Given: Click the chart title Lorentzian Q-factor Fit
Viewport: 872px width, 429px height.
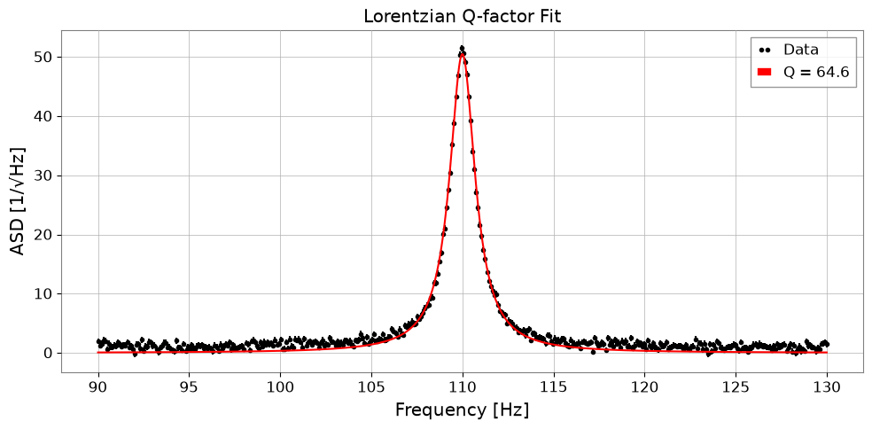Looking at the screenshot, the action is [462, 16].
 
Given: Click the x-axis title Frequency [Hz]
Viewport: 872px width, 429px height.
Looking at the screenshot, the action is [462, 410].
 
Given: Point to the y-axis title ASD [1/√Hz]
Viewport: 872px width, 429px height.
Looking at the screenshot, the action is [19, 201].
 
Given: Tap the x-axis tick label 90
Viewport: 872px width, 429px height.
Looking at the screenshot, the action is [98, 386].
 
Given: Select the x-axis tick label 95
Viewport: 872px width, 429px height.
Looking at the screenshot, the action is [189, 386].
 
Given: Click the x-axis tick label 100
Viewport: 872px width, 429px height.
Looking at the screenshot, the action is [280, 386].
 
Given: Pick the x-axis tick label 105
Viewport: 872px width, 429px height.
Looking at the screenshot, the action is [371, 386].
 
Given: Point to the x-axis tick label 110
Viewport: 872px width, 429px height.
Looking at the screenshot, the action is [463, 386].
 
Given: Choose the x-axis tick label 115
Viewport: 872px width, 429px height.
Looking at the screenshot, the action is [553, 386].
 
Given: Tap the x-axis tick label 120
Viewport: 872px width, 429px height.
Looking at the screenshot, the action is [644, 386].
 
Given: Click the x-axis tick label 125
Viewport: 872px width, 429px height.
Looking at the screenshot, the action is [736, 386].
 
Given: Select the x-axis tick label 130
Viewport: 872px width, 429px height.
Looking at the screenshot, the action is [827, 386].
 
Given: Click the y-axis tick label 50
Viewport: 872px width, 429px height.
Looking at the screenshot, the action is [44, 58].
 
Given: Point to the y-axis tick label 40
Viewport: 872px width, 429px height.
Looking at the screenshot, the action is [44, 116].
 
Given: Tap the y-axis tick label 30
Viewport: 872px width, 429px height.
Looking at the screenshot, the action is [44, 175].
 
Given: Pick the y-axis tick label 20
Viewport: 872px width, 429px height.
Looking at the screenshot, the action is [44, 235].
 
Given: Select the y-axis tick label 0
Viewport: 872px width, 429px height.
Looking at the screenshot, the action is [49, 354].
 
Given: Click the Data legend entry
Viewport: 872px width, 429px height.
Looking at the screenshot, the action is [790, 50].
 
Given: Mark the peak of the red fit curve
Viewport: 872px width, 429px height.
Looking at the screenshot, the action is [462, 53].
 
